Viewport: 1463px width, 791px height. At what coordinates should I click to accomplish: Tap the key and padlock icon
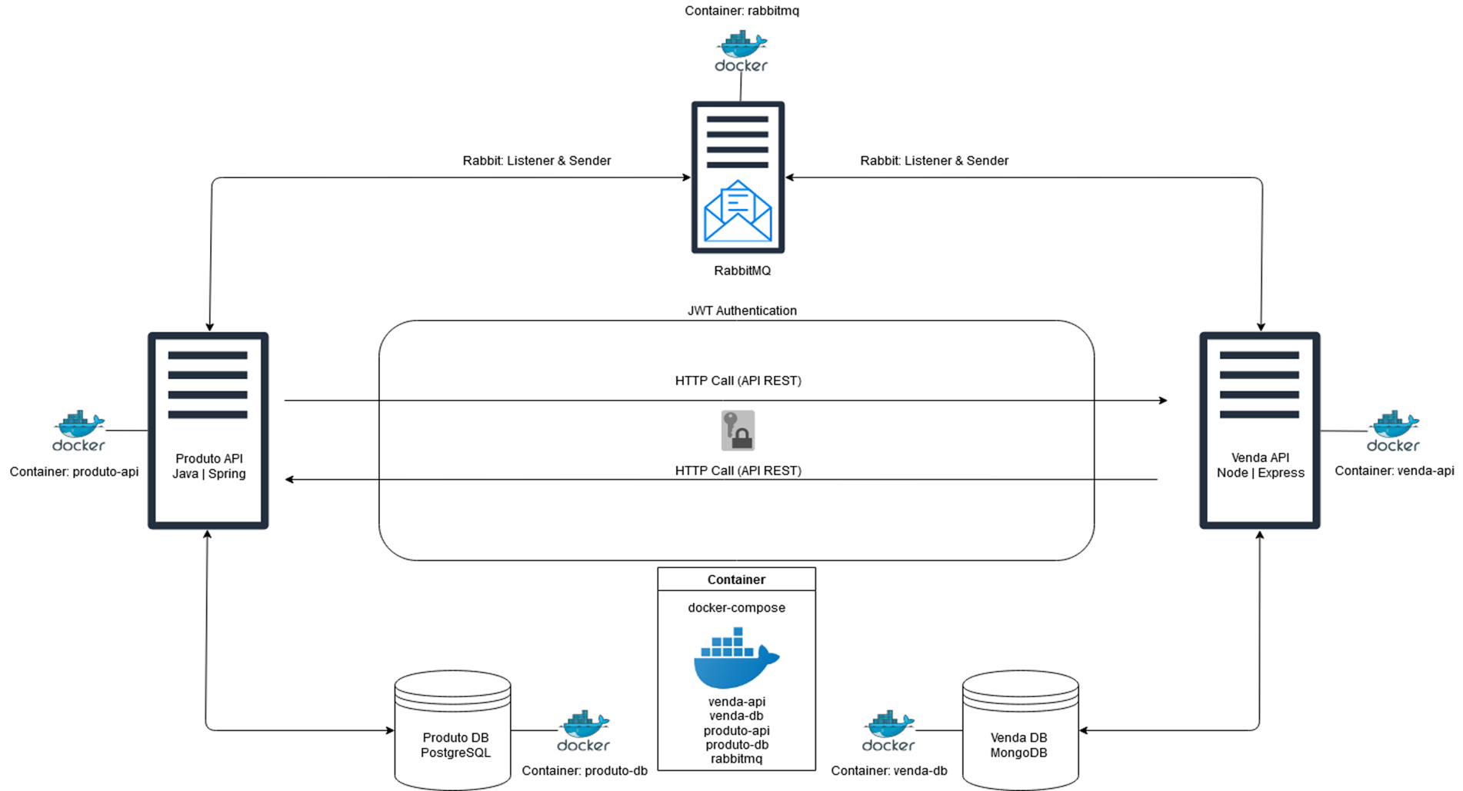(x=738, y=430)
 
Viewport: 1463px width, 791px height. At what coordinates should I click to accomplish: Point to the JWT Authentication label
(x=741, y=311)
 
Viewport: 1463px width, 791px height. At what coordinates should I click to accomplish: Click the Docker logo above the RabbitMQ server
(x=741, y=52)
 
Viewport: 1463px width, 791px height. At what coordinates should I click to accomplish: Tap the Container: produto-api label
(x=74, y=471)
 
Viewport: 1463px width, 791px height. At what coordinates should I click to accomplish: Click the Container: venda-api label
(x=1394, y=470)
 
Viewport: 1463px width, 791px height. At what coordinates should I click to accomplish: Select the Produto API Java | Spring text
(x=208, y=466)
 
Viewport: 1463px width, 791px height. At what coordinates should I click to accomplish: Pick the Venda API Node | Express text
(x=1260, y=465)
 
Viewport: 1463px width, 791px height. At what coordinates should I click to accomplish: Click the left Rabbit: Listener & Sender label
(x=536, y=161)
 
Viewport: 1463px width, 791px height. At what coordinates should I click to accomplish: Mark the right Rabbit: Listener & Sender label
(x=934, y=161)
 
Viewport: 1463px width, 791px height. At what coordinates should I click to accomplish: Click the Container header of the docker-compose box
(x=736, y=580)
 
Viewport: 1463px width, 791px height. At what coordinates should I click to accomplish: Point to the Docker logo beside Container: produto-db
(x=584, y=731)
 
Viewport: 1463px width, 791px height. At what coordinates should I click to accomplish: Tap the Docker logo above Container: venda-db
(x=888, y=731)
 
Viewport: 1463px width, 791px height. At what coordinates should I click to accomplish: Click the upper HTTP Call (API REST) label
(x=738, y=381)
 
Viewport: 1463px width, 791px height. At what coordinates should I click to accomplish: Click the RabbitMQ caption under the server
(x=741, y=271)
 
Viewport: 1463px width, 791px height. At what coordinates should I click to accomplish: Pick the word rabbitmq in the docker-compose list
(x=736, y=759)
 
